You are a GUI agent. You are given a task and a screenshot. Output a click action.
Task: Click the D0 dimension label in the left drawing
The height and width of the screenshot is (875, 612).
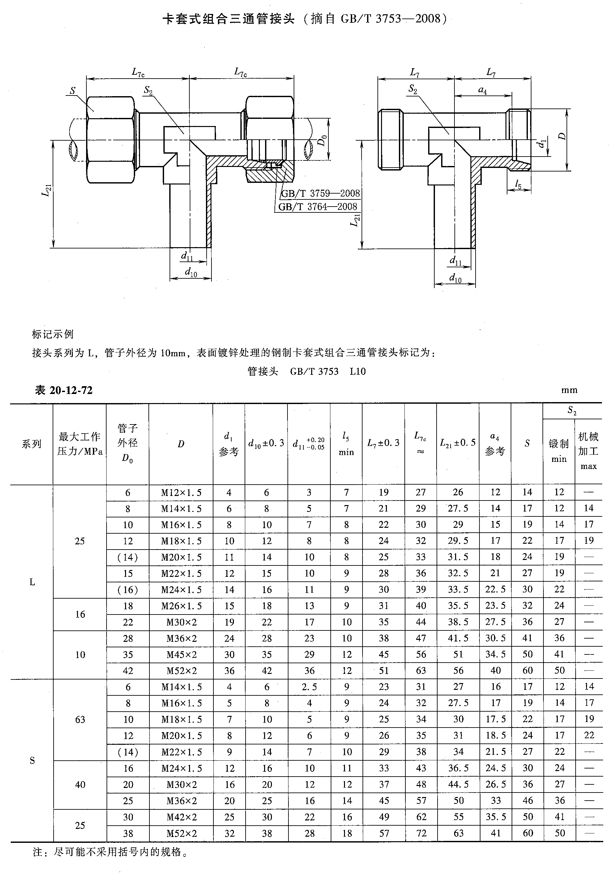click(322, 140)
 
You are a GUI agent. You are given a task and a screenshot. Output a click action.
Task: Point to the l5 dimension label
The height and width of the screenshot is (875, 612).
click(518, 184)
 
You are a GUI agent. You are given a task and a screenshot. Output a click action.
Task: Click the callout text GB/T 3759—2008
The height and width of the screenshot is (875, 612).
click(320, 193)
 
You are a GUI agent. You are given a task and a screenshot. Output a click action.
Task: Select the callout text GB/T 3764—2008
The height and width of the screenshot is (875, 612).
click(318, 207)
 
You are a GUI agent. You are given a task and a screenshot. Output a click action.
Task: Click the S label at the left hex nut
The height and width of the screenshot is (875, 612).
click(72, 91)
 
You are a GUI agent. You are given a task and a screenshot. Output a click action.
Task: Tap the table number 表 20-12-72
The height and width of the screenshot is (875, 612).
click(64, 390)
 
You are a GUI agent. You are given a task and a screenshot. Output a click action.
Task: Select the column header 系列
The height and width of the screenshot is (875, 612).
click(32, 444)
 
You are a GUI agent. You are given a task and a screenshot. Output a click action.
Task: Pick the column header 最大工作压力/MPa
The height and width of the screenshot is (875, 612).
click(80, 444)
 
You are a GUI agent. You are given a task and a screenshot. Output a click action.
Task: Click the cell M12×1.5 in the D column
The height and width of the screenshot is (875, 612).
click(181, 493)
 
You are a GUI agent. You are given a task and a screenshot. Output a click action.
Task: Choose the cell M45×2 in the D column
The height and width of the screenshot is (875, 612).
click(181, 655)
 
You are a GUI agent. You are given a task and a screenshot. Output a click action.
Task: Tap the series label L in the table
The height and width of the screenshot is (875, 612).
click(32, 582)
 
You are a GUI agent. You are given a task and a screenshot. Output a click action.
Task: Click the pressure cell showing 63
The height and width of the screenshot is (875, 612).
click(80, 719)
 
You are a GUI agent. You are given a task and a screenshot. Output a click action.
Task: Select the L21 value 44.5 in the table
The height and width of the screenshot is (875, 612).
click(458, 784)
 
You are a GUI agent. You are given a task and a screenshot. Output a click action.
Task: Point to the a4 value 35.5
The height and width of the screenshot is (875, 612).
click(495, 817)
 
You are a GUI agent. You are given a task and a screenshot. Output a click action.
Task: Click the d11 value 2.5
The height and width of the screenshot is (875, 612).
click(309, 687)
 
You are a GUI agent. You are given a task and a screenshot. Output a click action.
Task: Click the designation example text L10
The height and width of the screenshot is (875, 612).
click(357, 372)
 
